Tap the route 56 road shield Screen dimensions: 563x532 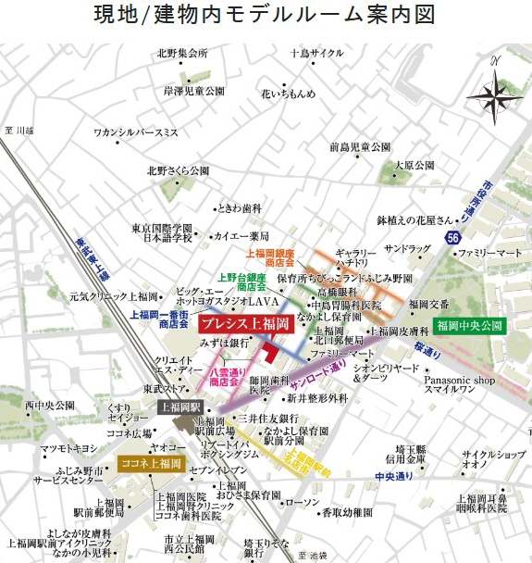tap(452, 238)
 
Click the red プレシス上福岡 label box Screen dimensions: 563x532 tap(243, 326)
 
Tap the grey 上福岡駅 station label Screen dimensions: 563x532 tap(181, 407)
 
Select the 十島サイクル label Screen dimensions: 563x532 tap(315, 53)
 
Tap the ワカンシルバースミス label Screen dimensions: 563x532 tap(135, 132)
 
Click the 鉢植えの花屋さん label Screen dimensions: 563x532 tap(415, 220)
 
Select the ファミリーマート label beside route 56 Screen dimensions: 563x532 tap(489, 251)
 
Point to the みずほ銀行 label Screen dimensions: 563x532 tap(220, 342)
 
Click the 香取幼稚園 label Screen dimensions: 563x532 tap(346, 512)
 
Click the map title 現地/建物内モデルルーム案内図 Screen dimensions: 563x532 tap(266, 16)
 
